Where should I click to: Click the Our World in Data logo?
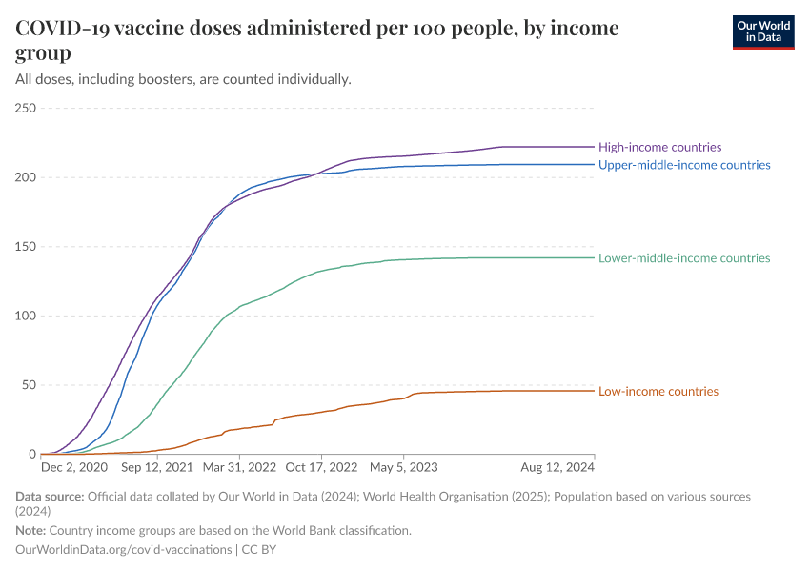click(x=762, y=31)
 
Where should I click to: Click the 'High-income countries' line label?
click(x=659, y=147)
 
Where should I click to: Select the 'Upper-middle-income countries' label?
click(x=684, y=165)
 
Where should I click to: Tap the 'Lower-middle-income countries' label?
click(x=684, y=258)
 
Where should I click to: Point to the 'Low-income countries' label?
click(x=658, y=391)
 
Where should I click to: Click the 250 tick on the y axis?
click(x=25, y=109)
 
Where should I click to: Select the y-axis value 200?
click(x=25, y=177)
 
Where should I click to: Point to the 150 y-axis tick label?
click(x=25, y=247)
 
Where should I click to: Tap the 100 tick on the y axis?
click(x=25, y=317)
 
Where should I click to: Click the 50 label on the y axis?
click(x=29, y=385)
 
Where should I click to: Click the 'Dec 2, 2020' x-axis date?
click(x=74, y=468)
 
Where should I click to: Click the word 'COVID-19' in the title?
click(x=62, y=29)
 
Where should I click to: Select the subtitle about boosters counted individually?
click(x=184, y=78)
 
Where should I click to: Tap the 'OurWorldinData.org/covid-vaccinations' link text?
click(x=124, y=549)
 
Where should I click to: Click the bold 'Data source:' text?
click(x=51, y=497)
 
